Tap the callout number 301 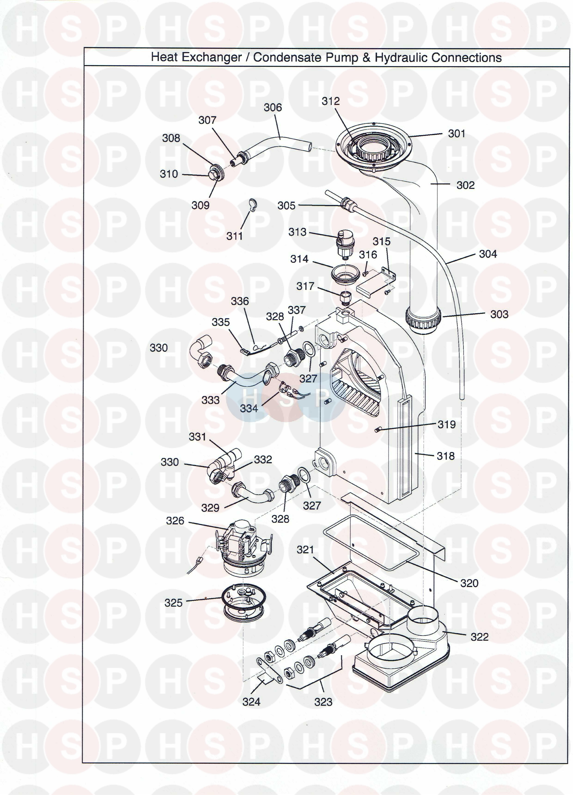[x=456, y=133]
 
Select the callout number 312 [x=331, y=101]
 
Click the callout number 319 [x=447, y=424]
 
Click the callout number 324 [x=251, y=702]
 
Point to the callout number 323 [x=323, y=702]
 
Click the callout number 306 [x=273, y=108]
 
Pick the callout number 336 [x=240, y=301]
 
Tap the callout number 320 [x=469, y=583]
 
